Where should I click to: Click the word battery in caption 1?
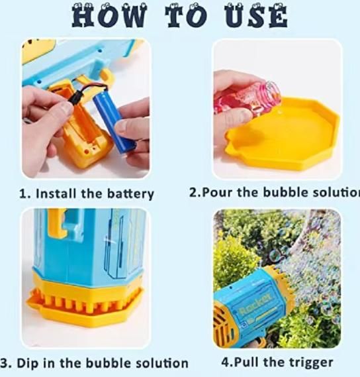[126, 194]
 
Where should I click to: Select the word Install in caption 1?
[60, 194]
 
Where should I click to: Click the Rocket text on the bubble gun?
[255, 308]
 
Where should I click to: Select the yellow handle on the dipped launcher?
[60, 223]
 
